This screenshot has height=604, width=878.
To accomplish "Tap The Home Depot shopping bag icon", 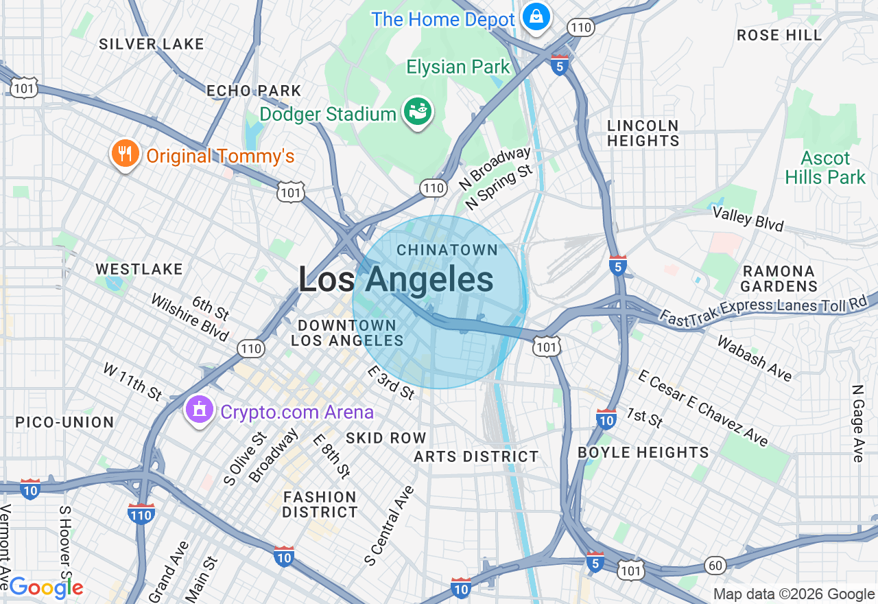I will (535, 16).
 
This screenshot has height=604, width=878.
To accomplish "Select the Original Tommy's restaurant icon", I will (124, 154).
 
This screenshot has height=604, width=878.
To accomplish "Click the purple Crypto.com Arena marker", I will (199, 410).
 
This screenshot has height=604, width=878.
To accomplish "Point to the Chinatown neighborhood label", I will (447, 250).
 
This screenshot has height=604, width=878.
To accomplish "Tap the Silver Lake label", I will (152, 44).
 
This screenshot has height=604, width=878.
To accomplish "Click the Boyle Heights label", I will (643, 452).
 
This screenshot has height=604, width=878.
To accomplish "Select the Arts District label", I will (476, 456).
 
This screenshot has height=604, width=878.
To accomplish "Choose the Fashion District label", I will (320, 504).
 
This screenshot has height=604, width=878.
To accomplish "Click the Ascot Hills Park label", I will (825, 168).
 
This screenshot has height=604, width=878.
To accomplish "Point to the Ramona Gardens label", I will (779, 279).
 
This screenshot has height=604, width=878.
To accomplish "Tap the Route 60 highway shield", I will (715, 566).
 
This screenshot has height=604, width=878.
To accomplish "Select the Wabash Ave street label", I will (755, 358).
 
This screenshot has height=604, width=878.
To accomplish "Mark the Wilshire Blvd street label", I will (189, 318).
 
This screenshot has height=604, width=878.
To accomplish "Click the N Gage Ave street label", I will (857, 423).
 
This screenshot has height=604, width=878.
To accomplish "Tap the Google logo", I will (46, 588).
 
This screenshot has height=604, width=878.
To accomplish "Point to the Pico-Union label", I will (64, 422).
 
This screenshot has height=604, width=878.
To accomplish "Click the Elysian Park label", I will (458, 67).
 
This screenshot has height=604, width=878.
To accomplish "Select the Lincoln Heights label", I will (643, 133).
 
